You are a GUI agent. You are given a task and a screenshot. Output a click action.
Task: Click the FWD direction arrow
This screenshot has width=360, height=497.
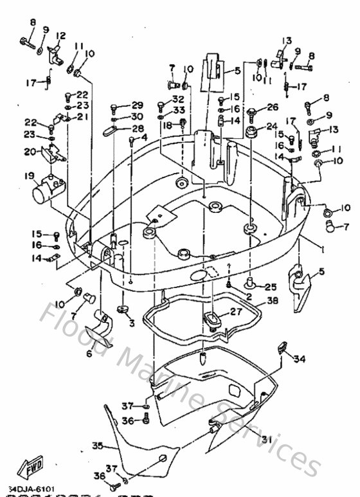30,467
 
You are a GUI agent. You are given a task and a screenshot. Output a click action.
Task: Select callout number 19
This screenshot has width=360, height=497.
30,176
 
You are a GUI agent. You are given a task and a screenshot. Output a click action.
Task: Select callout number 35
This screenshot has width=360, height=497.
97,445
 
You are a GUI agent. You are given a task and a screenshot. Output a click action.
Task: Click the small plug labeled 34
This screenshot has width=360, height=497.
281,348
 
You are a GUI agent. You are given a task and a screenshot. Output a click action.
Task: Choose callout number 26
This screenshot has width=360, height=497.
273,107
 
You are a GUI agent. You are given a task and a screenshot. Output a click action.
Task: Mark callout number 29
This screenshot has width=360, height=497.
138,105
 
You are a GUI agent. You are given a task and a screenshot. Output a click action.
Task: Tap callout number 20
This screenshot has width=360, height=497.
30,152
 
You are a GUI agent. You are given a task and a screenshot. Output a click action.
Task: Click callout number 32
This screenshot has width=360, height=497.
178,100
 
